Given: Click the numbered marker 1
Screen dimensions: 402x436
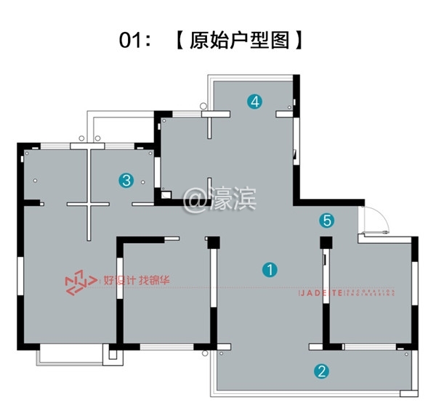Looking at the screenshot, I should pyautogui.click(x=270, y=270).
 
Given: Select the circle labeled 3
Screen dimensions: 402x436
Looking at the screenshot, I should pyautogui.click(x=126, y=180).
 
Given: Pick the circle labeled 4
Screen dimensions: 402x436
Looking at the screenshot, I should pyautogui.click(x=254, y=102).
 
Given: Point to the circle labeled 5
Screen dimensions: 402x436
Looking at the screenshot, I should pyautogui.click(x=327, y=219).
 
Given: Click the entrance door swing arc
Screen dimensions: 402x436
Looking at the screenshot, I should pyautogui.click(x=376, y=217).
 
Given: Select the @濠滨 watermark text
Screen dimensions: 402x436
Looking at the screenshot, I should pyautogui.click(x=219, y=197).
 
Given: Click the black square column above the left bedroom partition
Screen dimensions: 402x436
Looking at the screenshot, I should pyautogui.click(x=212, y=242).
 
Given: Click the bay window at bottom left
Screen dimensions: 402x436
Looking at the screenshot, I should pyautogui.click(x=67, y=356).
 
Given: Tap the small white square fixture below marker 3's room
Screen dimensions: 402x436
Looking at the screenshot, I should pyautogui.click(x=165, y=194).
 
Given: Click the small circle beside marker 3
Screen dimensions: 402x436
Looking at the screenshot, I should pyautogui.click(x=143, y=181).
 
